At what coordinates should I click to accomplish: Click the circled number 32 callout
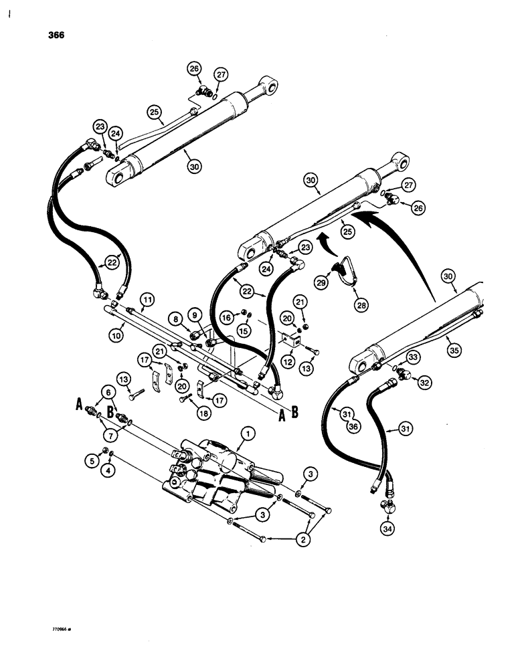424,383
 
